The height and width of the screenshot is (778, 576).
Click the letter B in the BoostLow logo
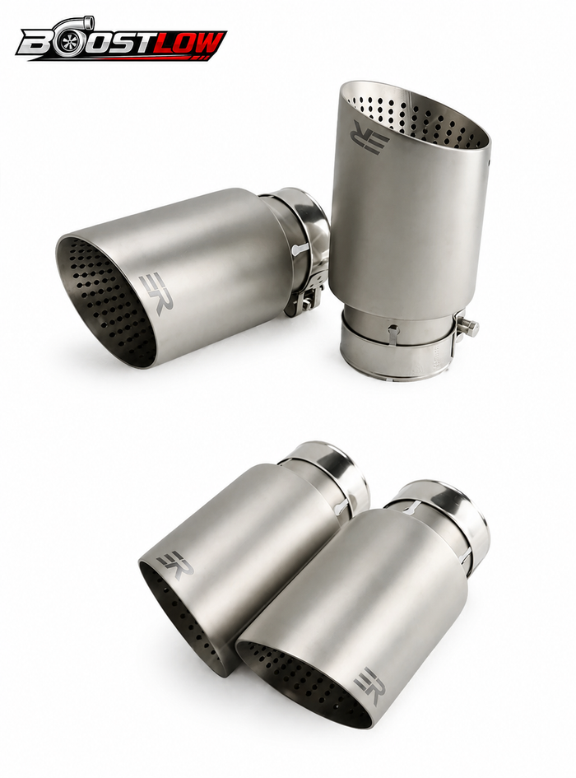[x=35, y=45]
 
